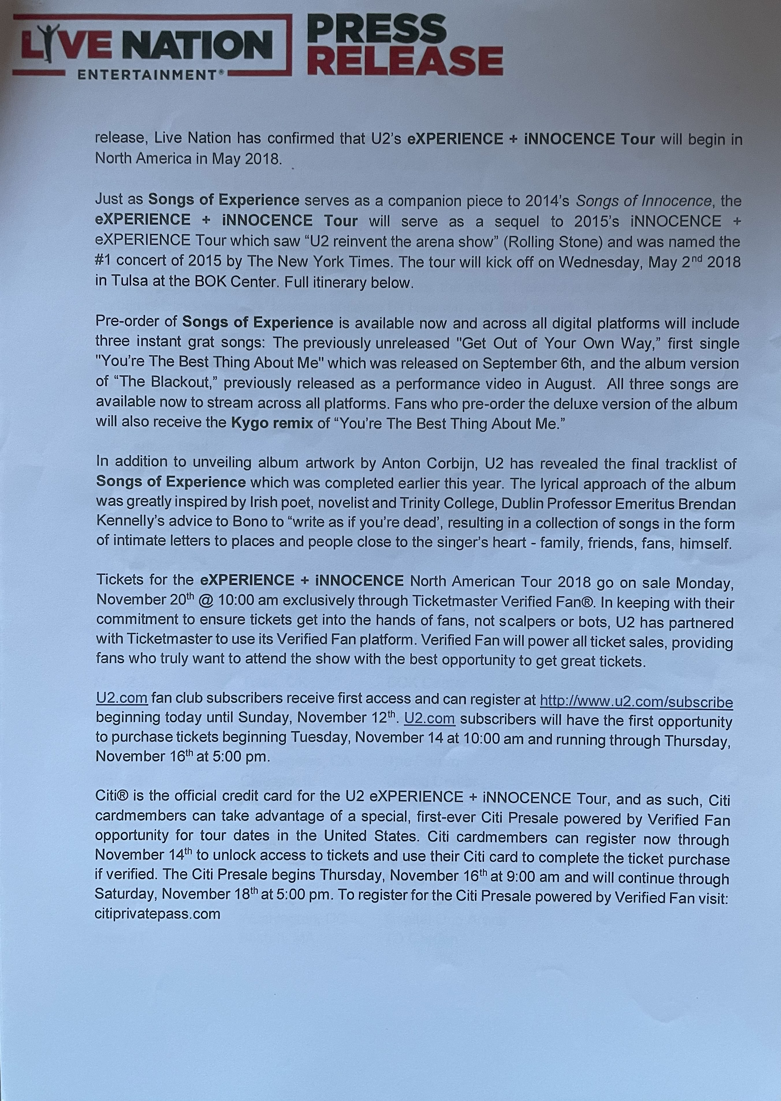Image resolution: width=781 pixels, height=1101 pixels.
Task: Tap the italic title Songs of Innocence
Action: [644, 201]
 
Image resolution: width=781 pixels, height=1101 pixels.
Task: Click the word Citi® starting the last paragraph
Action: [111, 796]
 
